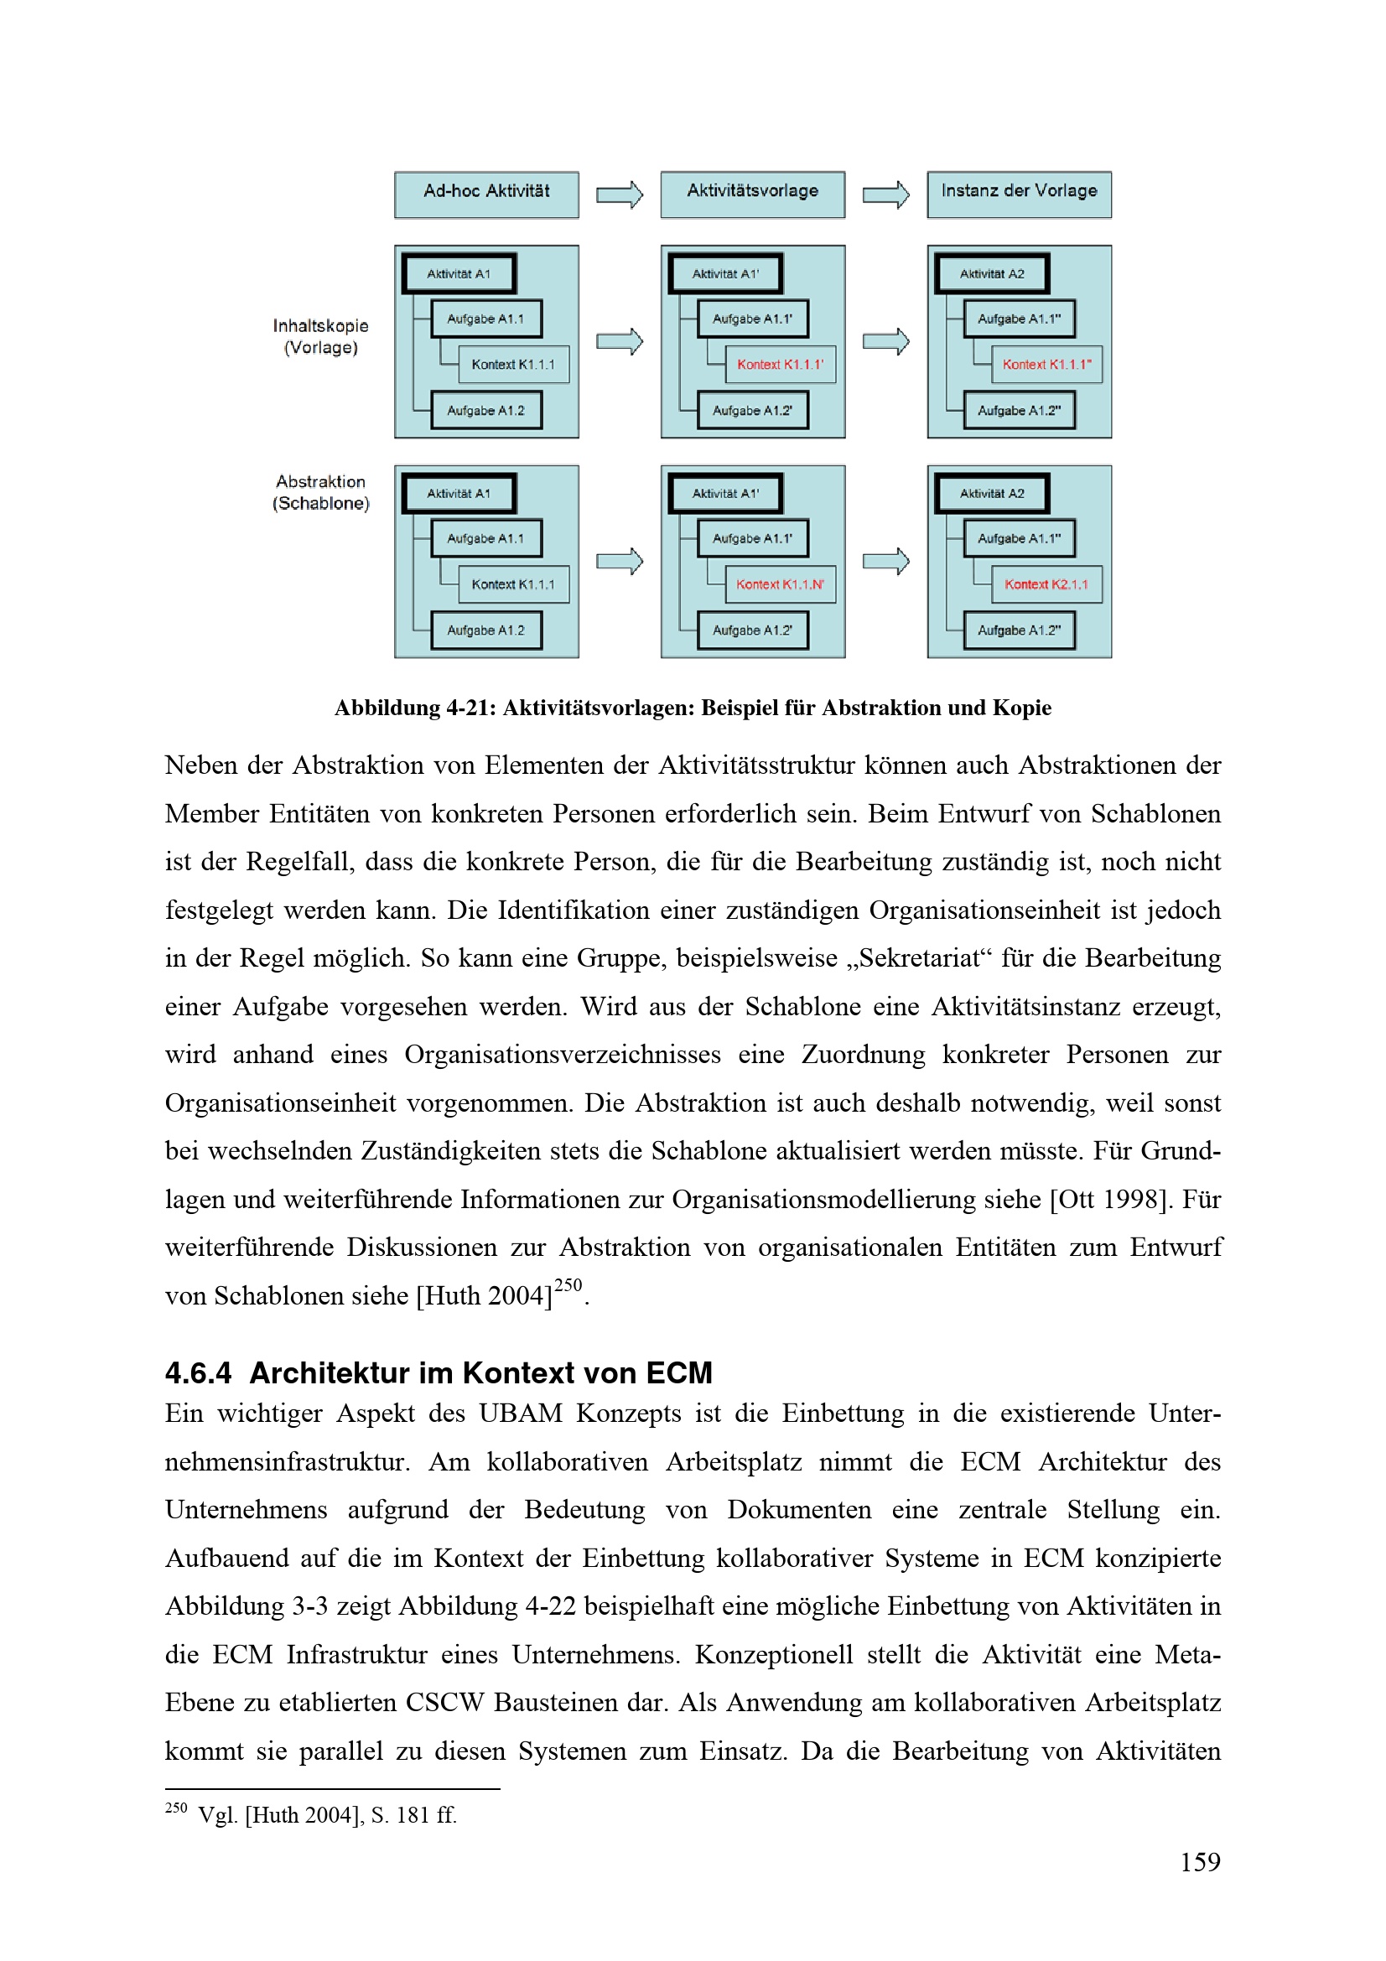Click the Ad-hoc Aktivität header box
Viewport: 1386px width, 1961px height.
click(x=486, y=194)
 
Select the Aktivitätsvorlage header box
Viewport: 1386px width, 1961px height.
click(x=752, y=194)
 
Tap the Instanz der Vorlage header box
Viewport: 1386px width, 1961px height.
click(x=1019, y=194)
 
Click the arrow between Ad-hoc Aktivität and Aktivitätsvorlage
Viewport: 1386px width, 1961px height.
click(x=619, y=195)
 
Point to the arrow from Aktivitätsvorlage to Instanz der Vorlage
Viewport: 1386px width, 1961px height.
click(x=885, y=195)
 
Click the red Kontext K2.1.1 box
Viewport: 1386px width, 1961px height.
click(x=1046, y=584)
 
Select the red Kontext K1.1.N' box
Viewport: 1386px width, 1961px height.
click(x=780, y=584)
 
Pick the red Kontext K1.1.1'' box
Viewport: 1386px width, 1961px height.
click(x=1046, y=365)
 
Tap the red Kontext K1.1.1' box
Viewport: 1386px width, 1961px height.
click(x=780, y=365)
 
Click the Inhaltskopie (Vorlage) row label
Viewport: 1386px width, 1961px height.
click(x=320, y=336)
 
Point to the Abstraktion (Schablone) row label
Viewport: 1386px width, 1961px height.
click(x=320, y=492)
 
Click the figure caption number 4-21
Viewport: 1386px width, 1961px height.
click(x=469, y=708)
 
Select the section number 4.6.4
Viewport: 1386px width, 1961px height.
click(x=198, y=1372)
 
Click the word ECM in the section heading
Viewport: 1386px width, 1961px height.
click(x=679, y=1372)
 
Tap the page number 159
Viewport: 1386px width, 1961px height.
click(x=1200, y=1861)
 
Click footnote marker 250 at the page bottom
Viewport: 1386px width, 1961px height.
click(x=176, y=1808)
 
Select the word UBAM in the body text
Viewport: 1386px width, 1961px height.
click(x=520, y=1414)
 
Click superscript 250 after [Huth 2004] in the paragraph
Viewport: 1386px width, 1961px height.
click(x=568, y=1285)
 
